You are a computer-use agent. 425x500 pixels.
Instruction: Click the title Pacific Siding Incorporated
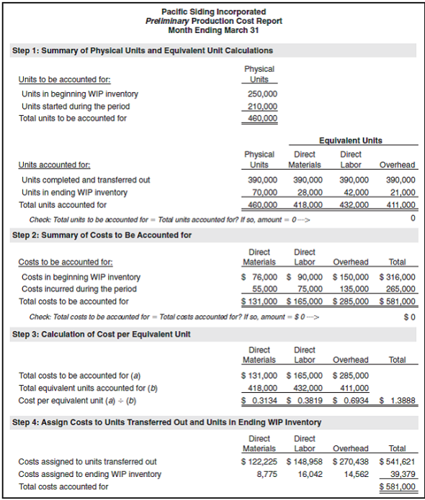click(x=213, y=12)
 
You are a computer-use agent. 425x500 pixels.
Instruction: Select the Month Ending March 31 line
click(x=213, y=30)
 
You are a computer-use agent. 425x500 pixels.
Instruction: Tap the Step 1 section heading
click(x=143, y=51)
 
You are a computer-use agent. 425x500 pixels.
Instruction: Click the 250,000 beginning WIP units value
click(x=262, y=94)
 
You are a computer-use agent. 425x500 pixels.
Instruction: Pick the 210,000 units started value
click(x=262, y=106)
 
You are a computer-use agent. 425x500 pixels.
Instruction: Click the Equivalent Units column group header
click(x=350, y=140)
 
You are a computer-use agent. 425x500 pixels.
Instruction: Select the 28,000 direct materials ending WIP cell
click(x=308, y=192)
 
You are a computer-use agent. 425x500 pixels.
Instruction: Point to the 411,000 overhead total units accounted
click(x=401, y=204)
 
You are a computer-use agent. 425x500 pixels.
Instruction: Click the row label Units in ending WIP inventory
click(x=74, y=192)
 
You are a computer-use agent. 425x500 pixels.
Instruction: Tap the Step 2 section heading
click(x=102, y=235)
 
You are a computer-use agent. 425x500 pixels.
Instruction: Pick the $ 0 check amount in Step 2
click(x=409, y=317)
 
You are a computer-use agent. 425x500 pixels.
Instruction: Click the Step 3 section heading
click(x=102, y=335)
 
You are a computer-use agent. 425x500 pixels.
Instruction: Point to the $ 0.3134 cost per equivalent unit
click(x=259, y=400)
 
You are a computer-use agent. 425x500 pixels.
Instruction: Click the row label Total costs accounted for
click(x=63, y=486)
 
